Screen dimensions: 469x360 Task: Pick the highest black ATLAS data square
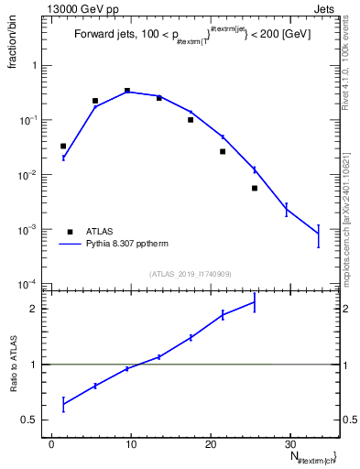click(x=127, y=91)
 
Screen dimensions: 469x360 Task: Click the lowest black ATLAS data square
click(x=255, y=188)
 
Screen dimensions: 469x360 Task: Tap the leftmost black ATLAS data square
click(x=63, y=146)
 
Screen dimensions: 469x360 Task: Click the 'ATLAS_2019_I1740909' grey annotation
click(x=191, y=274)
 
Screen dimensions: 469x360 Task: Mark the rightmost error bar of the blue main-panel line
click(x=318, y=235)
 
